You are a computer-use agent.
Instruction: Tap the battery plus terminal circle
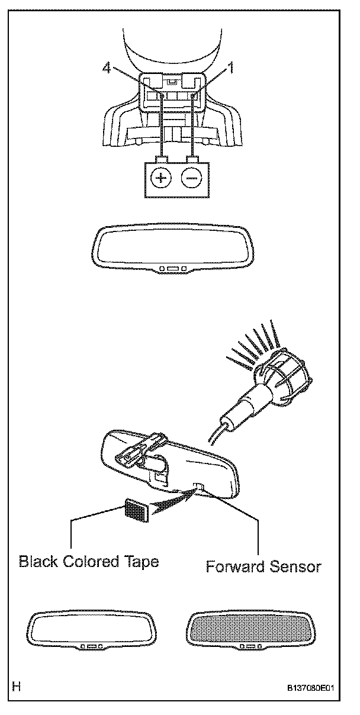(x=160, y=178)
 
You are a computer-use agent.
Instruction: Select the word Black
(x=40, y=561)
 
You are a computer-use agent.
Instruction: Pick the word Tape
(x=142, y=561)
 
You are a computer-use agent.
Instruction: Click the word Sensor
(x=297, y=566)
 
